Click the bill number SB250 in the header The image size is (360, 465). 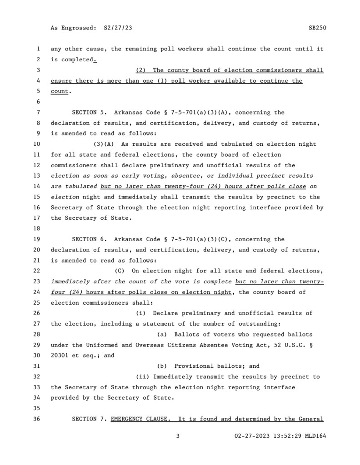click(317, 28)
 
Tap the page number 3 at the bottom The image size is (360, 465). click(179, 436)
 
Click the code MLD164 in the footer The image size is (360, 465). click(316, 436)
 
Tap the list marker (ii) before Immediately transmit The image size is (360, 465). click(143, 377)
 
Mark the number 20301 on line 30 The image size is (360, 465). click(60, 356)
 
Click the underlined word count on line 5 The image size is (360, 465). click(59, 91)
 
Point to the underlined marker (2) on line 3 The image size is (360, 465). click(141, 70)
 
